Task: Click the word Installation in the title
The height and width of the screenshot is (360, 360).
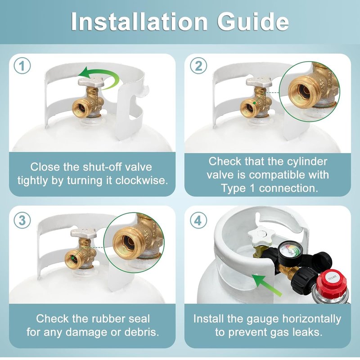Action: pyautogui.click(x=139, y=21)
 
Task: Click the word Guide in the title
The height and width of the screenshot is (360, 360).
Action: pyautogui.click(x=253, y=21)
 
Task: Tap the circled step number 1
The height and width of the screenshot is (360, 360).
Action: pyautogui.click(x=22, y=66)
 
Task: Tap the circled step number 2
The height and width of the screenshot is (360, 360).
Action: pyautogui.click(x=198, y=66)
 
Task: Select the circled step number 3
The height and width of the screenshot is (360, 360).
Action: pyautogui.click(x=22, y=220)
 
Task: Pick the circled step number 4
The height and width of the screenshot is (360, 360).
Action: pyautogui.click(x=198, y=220)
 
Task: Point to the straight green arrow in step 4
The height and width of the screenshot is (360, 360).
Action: pyautogui.click(x=266, y=285)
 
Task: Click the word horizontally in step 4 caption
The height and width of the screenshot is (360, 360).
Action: pyautogui.click(x=311, y=319)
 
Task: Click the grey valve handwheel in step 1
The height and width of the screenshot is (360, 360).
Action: pyautogui.click(x=91, y=82)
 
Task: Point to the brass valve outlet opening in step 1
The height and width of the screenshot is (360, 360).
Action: pyautogui.click(x=81, y=108)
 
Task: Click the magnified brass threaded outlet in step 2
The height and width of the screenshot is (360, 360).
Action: pyautogui.click(x=301, y=91)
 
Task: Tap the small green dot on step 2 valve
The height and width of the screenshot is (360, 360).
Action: pyautogui.click(x=254, y=103)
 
